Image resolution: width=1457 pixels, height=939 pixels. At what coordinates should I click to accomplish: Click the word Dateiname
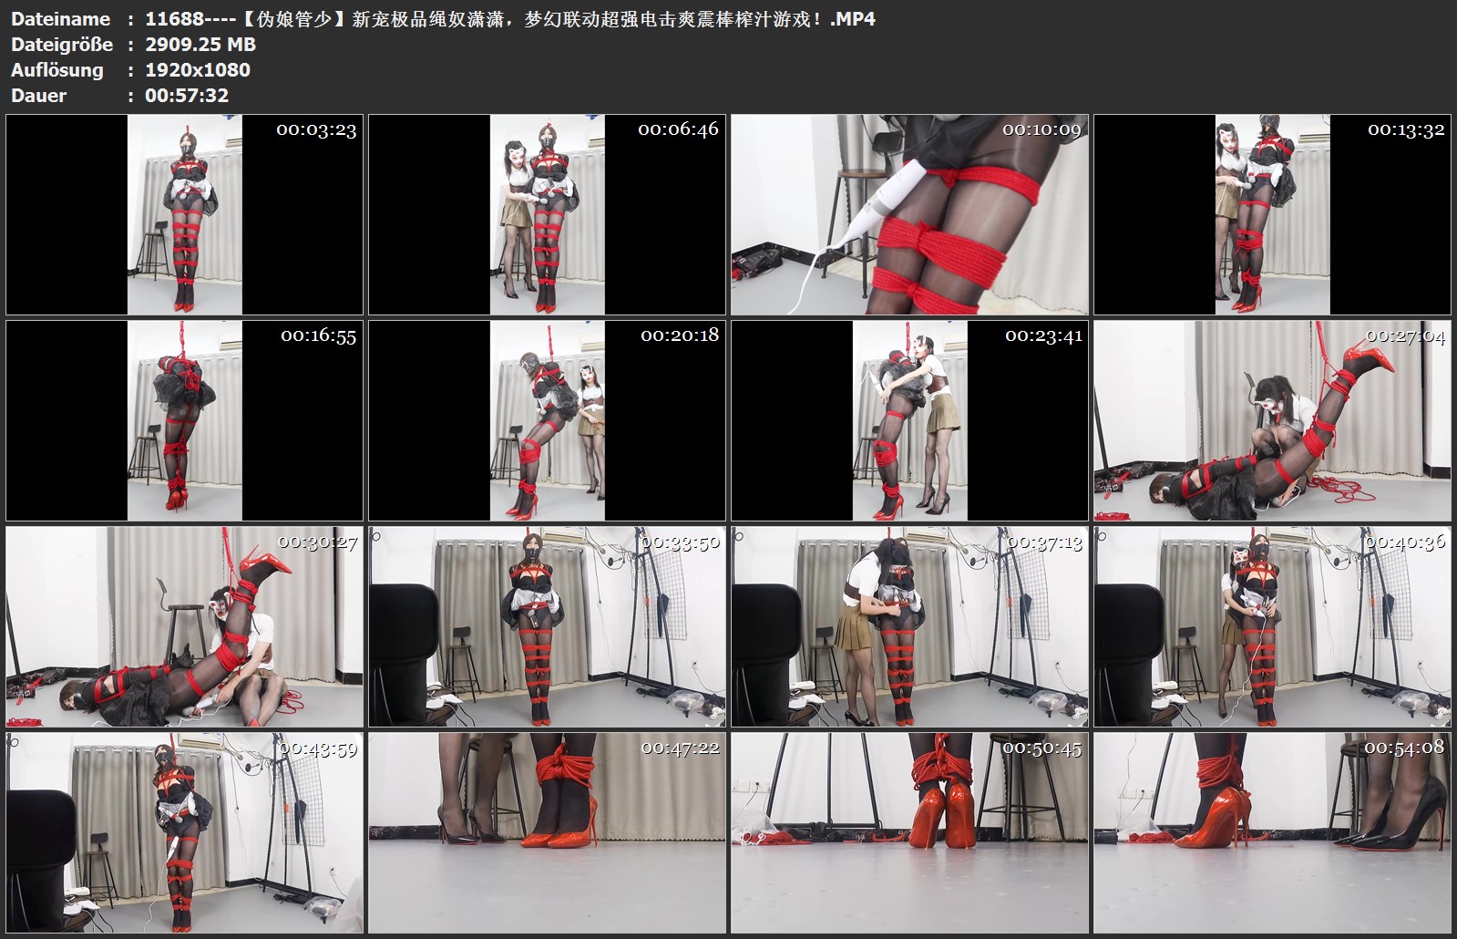pos(60,19)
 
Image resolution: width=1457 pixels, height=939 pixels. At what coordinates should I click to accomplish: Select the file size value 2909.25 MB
pos(200,45)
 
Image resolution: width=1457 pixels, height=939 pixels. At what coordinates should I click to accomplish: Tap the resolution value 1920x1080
pos(198,69)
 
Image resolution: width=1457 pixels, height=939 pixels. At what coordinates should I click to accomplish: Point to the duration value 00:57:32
pos(187,95)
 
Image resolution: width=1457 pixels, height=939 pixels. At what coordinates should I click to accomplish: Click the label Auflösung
pos(57,70)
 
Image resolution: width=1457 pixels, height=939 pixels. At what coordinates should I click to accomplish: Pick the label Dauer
pos(38,95)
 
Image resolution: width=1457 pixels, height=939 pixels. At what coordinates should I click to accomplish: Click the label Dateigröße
pos(62,45)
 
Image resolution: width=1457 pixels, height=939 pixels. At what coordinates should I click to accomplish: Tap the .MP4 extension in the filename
pos(853,19)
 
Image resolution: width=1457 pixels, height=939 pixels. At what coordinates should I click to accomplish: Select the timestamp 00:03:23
pos(316,130)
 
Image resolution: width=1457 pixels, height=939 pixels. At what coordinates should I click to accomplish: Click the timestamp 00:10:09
pos(1041,129)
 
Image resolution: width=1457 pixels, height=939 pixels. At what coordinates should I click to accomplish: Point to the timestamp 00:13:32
pos(1406,130)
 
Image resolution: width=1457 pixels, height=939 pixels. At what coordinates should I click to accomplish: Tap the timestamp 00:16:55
pos(319,335)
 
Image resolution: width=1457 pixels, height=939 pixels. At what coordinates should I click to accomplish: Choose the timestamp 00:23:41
pos(1044,335)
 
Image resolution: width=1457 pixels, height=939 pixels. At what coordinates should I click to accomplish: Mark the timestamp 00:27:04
pos(1406,336)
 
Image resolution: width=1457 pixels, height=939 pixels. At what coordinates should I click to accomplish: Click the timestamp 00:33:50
pos(681,542)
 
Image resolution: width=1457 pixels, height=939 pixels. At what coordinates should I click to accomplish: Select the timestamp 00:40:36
pos(1405,542)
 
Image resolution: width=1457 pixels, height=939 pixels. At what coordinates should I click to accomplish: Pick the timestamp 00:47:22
pos(681,748)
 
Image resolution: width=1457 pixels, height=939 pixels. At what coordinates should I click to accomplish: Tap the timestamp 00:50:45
pos(1042,749)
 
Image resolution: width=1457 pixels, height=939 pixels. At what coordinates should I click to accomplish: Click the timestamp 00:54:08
pos(1404,748)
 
